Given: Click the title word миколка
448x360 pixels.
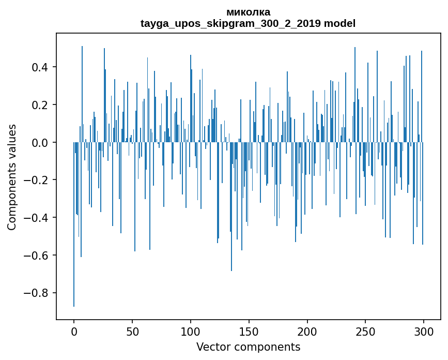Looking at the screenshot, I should pos(248,12).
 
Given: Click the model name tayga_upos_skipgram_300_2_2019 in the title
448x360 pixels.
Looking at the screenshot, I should pos(231,23).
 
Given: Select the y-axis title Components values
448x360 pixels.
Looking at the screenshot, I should pos(12,177).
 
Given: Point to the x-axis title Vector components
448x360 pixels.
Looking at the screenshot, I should pos(248,347).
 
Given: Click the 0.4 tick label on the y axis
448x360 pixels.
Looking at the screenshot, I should pos(41,67).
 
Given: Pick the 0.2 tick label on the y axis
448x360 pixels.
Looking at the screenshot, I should pos(41,105).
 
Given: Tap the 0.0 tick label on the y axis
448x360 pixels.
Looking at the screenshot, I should pos(41,142).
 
